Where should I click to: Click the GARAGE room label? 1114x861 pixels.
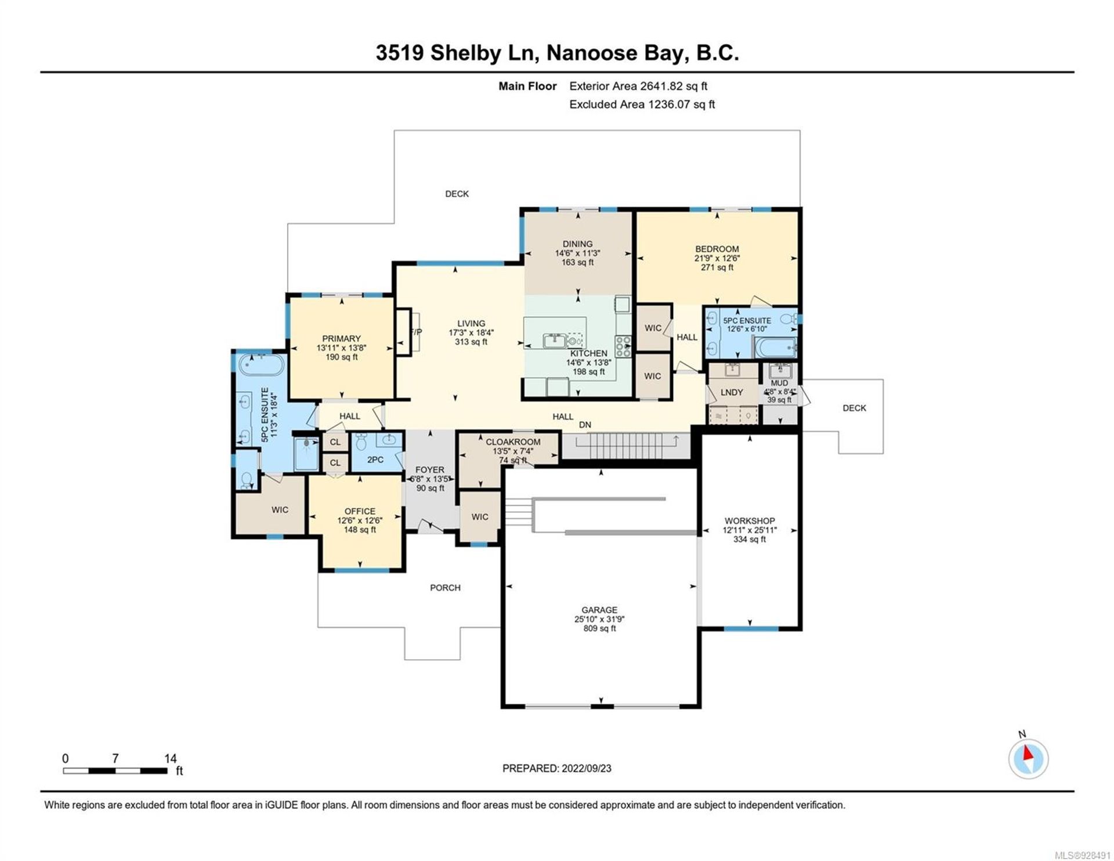click(x=599, y=610)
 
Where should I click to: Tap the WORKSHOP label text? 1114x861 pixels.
click(x=750, y=521)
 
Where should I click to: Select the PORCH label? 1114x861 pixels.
click(x=446, y=588)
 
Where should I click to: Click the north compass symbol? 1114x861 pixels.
click(x=1028, y=758)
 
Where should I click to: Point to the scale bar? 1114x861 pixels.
click(x=115, y=771)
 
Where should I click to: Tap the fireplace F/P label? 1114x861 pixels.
click(x=416, y=332)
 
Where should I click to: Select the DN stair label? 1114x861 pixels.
click(x=585, y=425)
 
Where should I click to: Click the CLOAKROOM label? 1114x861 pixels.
click(x=513, y=442)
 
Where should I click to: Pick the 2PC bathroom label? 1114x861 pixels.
click(x=375, y=460)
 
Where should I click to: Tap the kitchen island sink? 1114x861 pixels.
click(x=555, y=340)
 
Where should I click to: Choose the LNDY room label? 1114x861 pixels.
click(x=732, y=392)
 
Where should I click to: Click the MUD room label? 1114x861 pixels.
click(x=779, y=383)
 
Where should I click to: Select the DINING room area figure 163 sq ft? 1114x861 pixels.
click(x=577, y=262)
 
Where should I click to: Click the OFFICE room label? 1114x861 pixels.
click(x=360, y=511)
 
